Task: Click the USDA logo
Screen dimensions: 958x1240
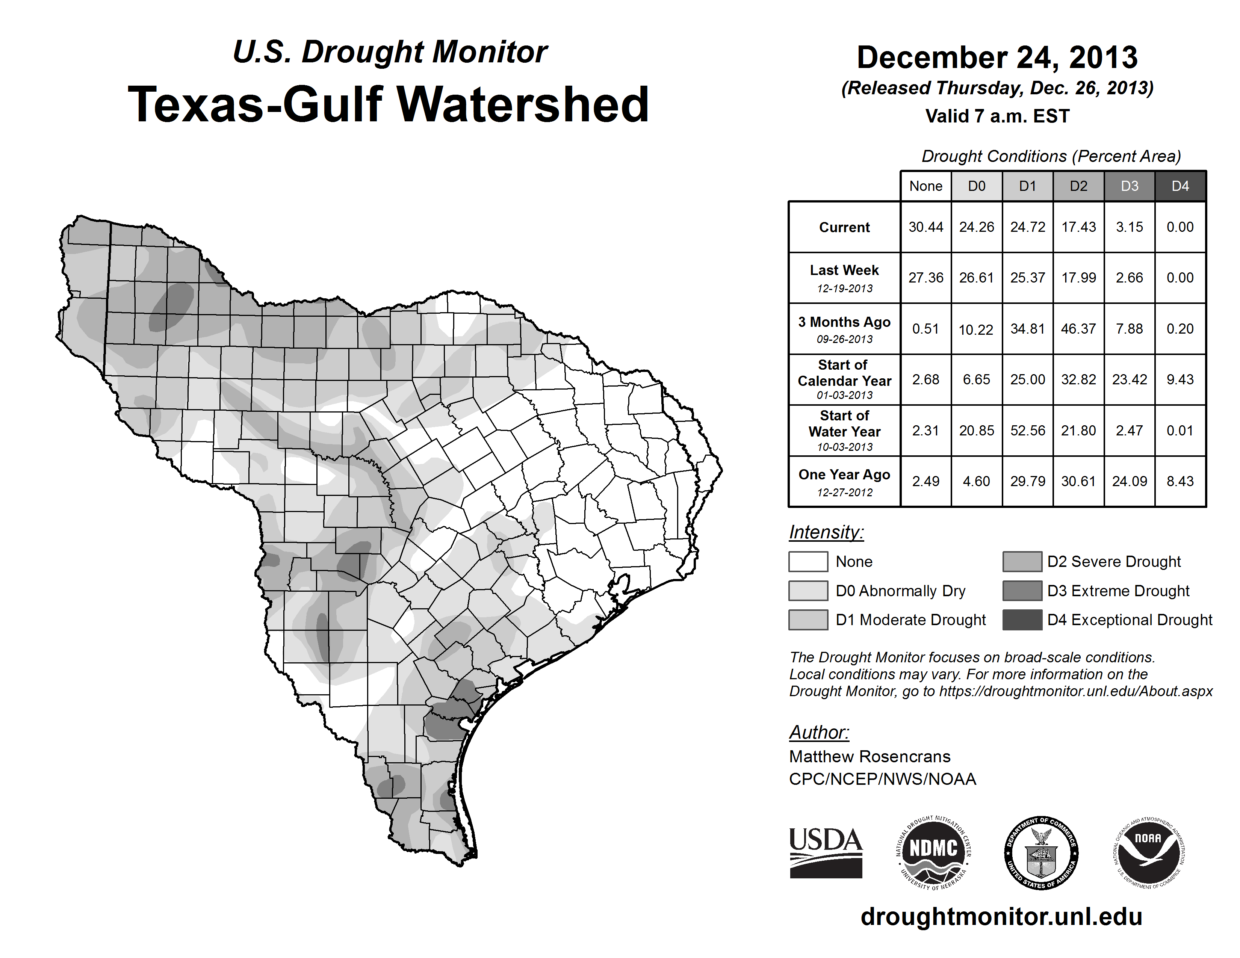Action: (x=826, y=852)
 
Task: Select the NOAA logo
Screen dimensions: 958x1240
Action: (x=1148, y=852)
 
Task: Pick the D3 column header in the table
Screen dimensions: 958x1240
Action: (x=1129, y=186)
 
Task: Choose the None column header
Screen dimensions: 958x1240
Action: (x=925, y=186)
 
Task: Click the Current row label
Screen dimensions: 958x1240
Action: (x=844, y=227)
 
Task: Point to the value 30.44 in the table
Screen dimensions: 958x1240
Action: (x=925, y=227)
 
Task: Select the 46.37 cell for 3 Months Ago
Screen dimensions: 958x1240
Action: (x=1078, y=329)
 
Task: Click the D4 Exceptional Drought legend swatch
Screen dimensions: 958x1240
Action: (x=1022, y=620)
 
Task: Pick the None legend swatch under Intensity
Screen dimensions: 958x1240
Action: (x=808, y=561)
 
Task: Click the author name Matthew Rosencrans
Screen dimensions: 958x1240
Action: (x=869, y=757)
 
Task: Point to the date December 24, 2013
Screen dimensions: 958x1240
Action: (x=997, y=57)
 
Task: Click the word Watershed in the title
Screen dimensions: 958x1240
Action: (x=522, y=104)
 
